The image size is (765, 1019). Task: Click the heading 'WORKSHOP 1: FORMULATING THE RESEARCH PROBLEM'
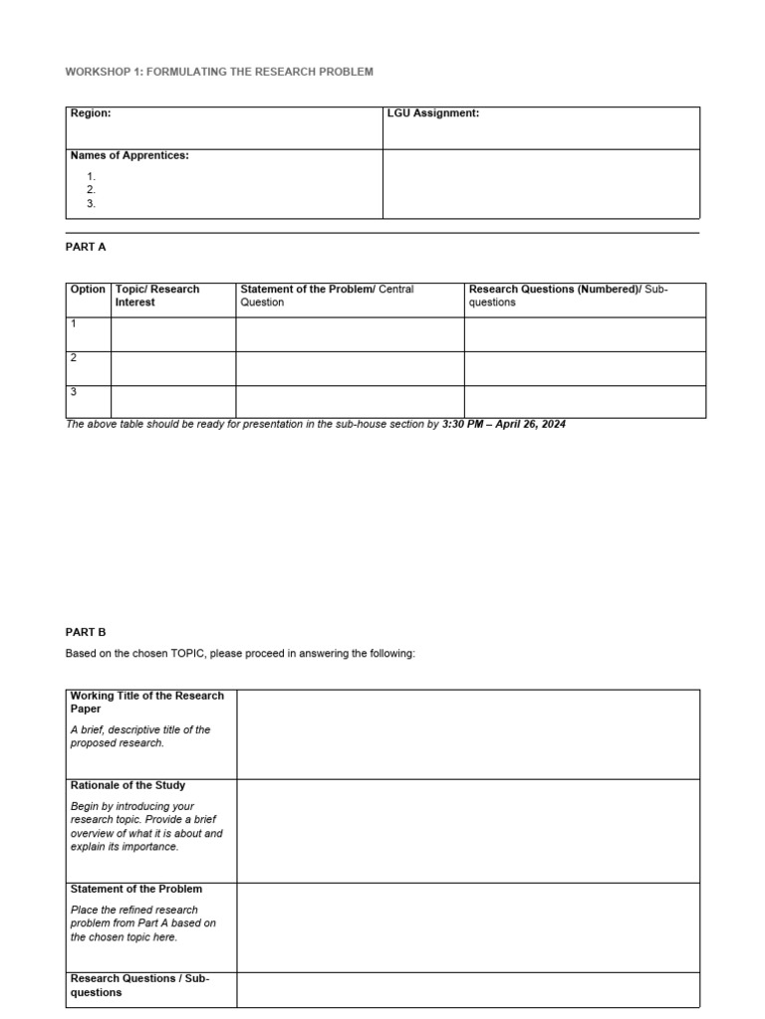pyautogui.click(x=219, y=73)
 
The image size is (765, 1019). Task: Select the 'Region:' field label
pyautogui.click(x=91, y=113)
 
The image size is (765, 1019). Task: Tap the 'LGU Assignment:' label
pyautogui.click(x=432, y=113)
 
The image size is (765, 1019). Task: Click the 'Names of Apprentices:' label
pyautogui.click(x=129, y=155)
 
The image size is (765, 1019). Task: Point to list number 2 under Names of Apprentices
pyautogui.click(x=91, y=189)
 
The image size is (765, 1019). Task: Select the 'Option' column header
pyautogui.click(x=88, y=290)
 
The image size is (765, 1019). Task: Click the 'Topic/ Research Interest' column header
pyautogui.click(x=157, y=296)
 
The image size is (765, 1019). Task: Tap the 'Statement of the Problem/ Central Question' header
pyautogui.click(x=327, y=296)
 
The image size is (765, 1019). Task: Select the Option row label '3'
pyautogui.click(x=74, y=392)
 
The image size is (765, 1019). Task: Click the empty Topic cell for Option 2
pyautogui.click(x=173, y=368)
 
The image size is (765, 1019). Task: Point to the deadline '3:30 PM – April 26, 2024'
pyautogui.click(x=503, y=424)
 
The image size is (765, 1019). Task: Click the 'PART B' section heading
pyautogui.click(x=86, y=632)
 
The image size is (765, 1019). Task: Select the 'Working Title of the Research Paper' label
pyautogui.click(x=147, y=703)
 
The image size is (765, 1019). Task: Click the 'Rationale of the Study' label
pyautogui.click(x=127, y=785)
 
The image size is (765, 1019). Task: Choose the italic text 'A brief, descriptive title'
pyautogui.click(x=140, y=729)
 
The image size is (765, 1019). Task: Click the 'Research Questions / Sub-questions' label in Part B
pyautogui.click(x=139, y=985)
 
